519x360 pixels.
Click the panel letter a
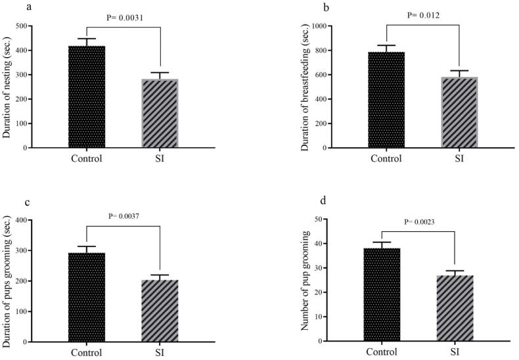point(12,7)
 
